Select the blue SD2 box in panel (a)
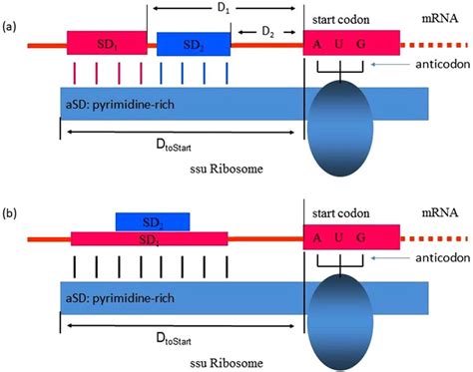pos(193,44)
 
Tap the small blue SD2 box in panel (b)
pos(151,220)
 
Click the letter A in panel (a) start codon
pos(318,44)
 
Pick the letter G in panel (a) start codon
pos(384,44)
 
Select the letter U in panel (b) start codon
pos(352,239)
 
